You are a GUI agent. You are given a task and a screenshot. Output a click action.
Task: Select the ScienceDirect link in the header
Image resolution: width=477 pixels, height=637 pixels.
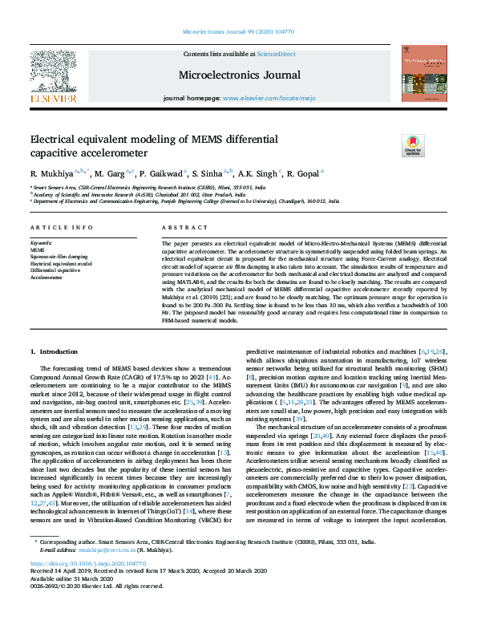(275, 53)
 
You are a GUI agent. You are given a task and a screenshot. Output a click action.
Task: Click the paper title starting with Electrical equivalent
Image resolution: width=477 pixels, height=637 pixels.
(153, 145)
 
